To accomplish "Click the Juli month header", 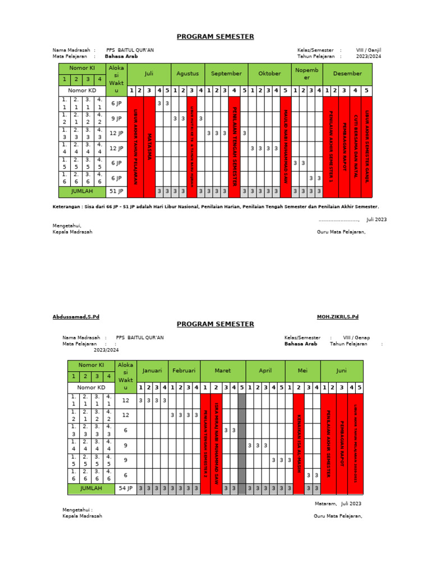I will pyautogui.click(x=149, y=74).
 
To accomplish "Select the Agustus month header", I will pyautogui.click(x=187, y=74).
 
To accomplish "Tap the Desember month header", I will pyautogui.click(x=347, y=74).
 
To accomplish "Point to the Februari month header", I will pyautogui.click(x=184, y=371).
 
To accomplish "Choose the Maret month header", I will pyautogui.click(x=223, y=371).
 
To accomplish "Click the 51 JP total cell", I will pyautogui.click(x=116, y=191).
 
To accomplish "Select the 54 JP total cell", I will pyautogui.click(x=126, y=489).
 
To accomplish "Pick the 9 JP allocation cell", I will pyautogui.click(x=116, y=118).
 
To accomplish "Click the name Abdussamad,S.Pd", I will pyautogui.click(x=76, y=317).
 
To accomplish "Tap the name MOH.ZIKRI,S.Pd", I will pyautogui.click(x=337, y=317).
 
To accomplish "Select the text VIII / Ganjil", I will pyautogui.click(x=368, y=50).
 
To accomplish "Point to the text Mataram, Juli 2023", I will pyautogui.click(x=338, y=504).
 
